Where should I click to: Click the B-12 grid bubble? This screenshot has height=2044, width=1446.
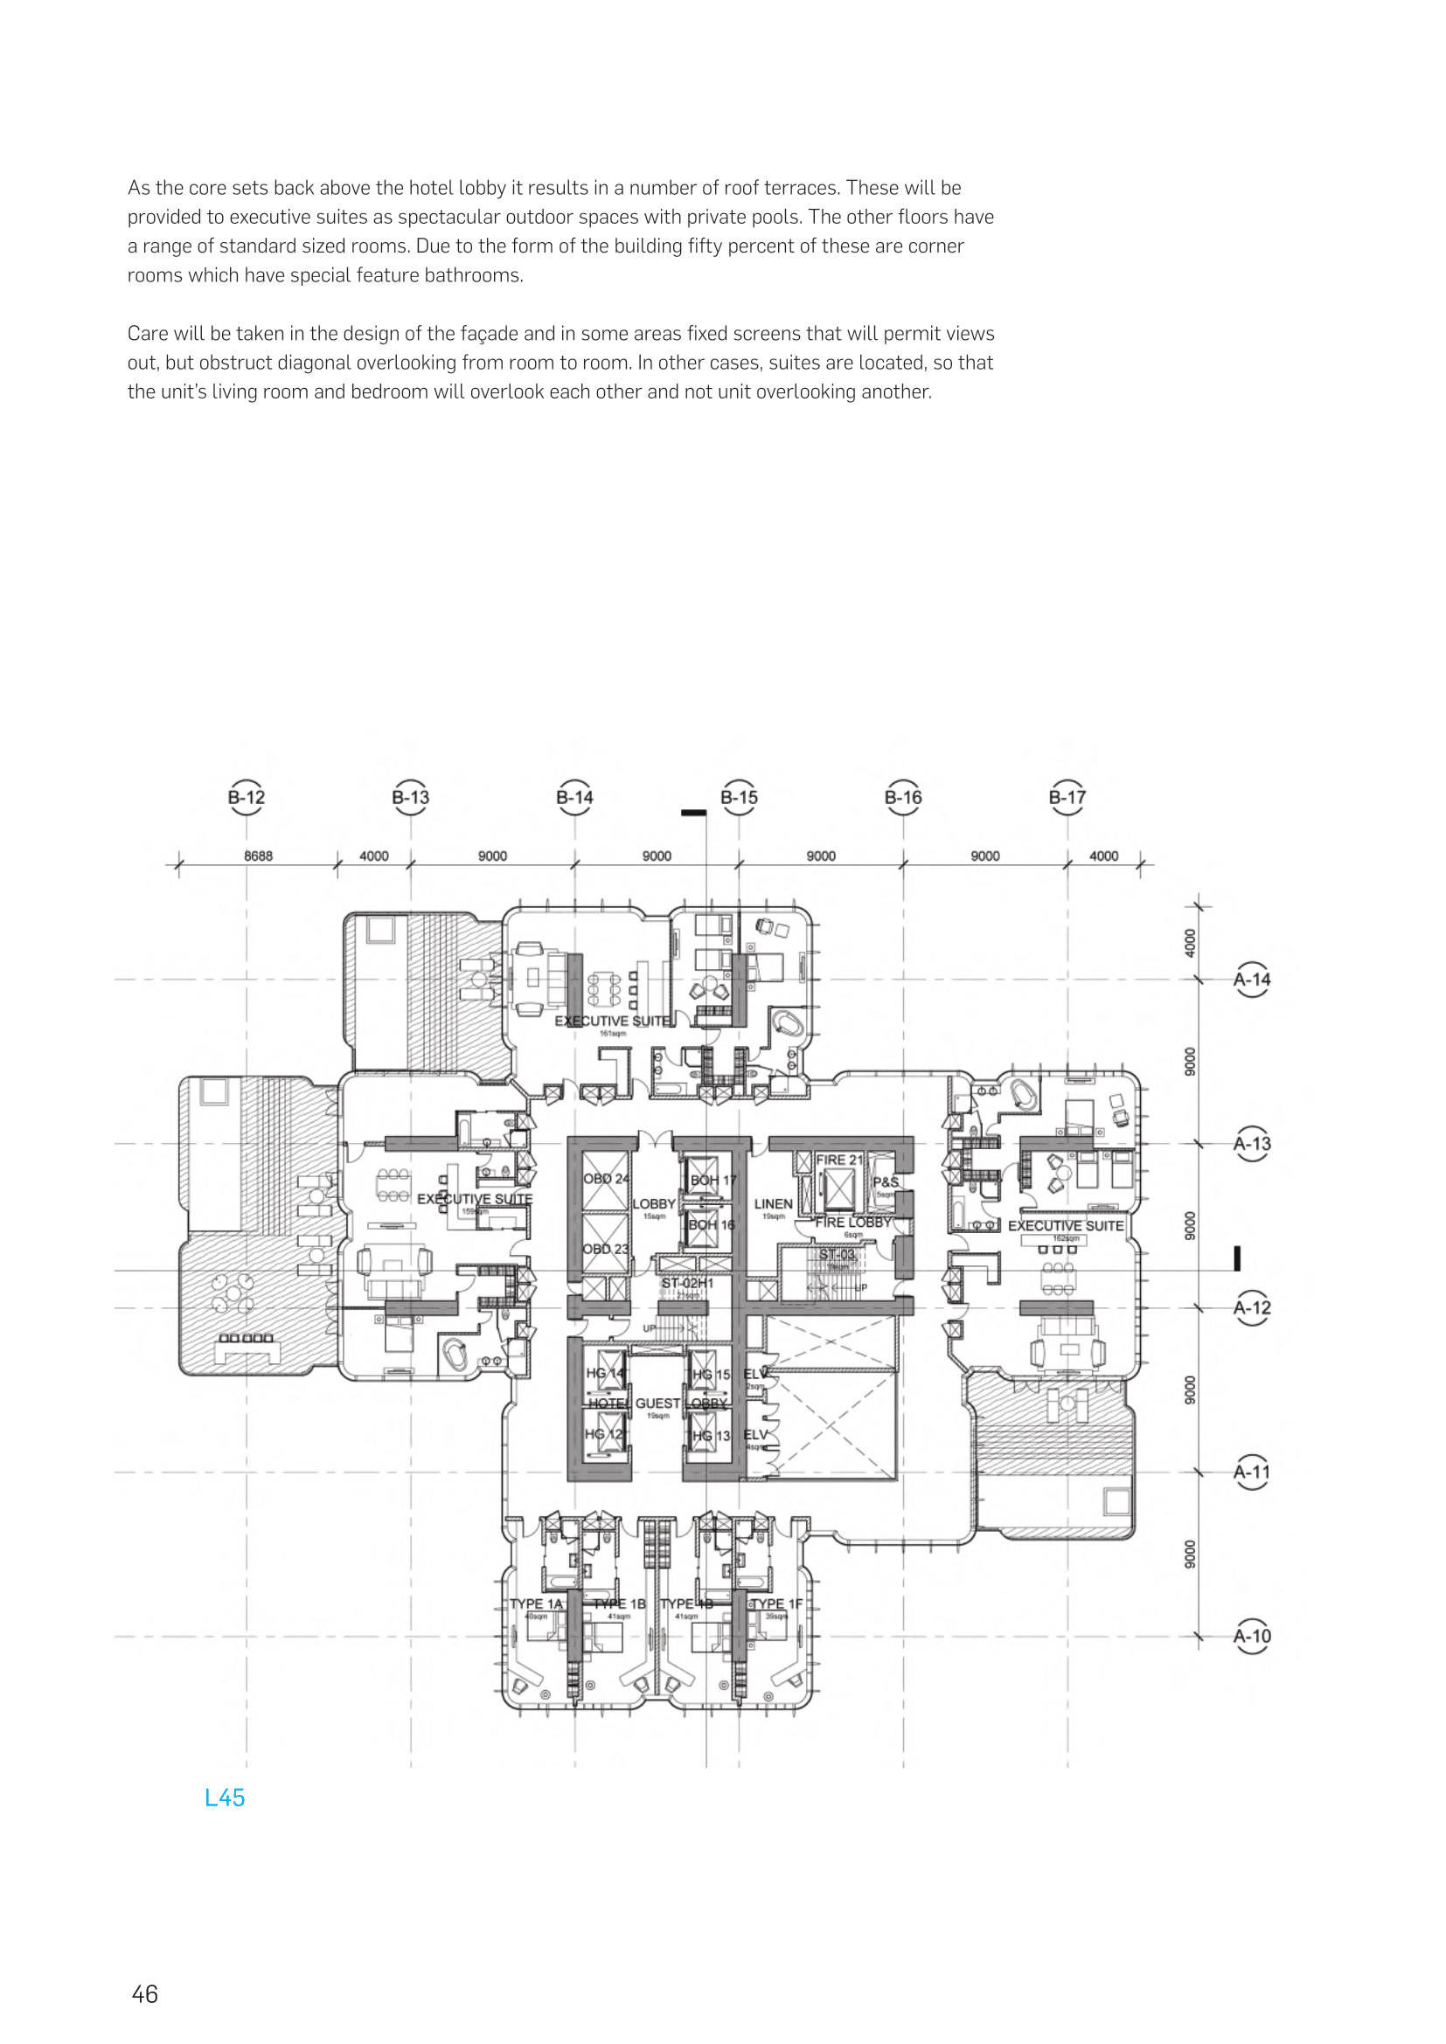coord(247,797)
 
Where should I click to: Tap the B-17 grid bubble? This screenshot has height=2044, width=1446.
coord(1067,797)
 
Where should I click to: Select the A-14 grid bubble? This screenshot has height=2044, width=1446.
coord(1252,980)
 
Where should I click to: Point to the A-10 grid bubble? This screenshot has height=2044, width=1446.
coord(1252,1635)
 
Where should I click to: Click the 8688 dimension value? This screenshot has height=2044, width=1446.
coord(258,856)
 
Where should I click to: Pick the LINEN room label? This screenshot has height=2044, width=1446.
coord(773,1203)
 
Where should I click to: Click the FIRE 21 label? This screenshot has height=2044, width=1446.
coord(838,1159)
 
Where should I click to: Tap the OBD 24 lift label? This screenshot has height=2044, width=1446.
coord(606,1178)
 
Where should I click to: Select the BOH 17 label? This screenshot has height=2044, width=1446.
coord(713,1180)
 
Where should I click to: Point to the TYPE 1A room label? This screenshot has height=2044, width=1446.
coord(536,1604)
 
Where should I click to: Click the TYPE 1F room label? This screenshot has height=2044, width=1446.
coord(777,1604)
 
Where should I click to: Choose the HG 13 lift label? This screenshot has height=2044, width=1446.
coord(712,1435)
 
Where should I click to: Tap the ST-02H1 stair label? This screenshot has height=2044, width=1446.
coord(687,1283)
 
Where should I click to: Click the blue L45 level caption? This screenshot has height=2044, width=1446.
coord(225,1798)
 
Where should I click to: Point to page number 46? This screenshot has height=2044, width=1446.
coord(144,1994)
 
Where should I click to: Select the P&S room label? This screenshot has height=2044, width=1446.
coord(885,1182)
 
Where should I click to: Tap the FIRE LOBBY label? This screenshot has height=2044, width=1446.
coord(853,1223)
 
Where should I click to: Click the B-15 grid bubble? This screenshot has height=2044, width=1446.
coord(739,797)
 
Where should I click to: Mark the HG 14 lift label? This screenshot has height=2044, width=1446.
coord(605,1373)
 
